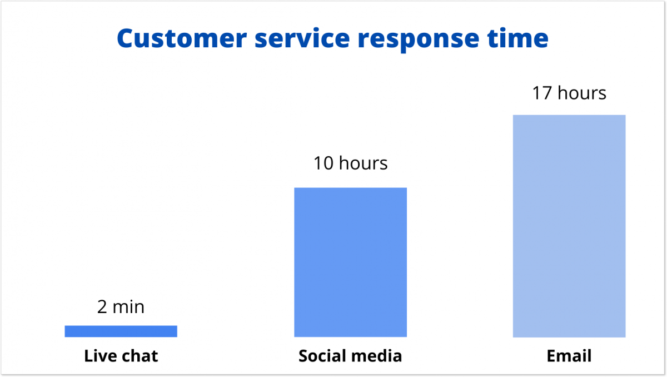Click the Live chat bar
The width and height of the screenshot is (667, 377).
(121, 331)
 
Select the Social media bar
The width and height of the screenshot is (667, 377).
(350, 262)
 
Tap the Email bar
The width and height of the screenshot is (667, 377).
(569, 226)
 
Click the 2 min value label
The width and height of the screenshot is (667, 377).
(121, 306)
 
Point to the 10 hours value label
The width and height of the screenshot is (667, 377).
(350, 163)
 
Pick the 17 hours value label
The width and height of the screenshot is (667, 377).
(569, 93)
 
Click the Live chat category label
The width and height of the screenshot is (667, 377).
(121, 356)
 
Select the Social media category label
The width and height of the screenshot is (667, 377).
(350, 356)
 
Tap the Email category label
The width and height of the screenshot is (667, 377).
(569, 356)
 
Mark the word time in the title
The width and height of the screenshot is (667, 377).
(523, 39)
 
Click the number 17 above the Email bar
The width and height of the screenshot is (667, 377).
(541, 93)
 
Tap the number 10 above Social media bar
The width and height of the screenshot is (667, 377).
(323, 163)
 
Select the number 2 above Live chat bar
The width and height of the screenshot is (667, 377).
(102, 306)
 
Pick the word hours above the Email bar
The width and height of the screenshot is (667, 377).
(582, 93)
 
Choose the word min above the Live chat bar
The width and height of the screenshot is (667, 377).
(128, 306)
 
